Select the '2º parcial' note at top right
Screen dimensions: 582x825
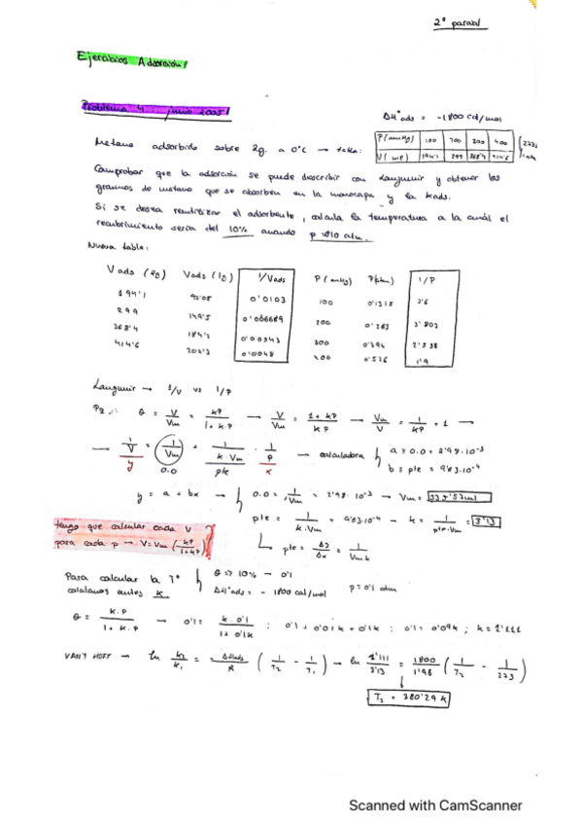460,22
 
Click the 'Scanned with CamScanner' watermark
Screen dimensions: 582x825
435,806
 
